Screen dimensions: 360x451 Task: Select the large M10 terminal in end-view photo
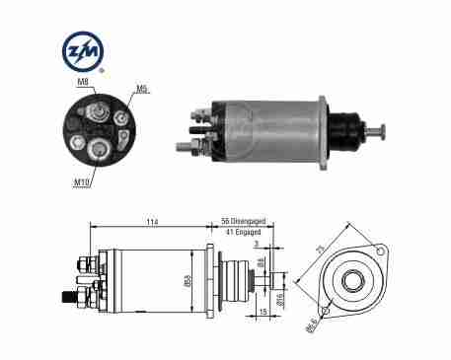(100, 150)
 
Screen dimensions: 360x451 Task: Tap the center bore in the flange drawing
(350, 281)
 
